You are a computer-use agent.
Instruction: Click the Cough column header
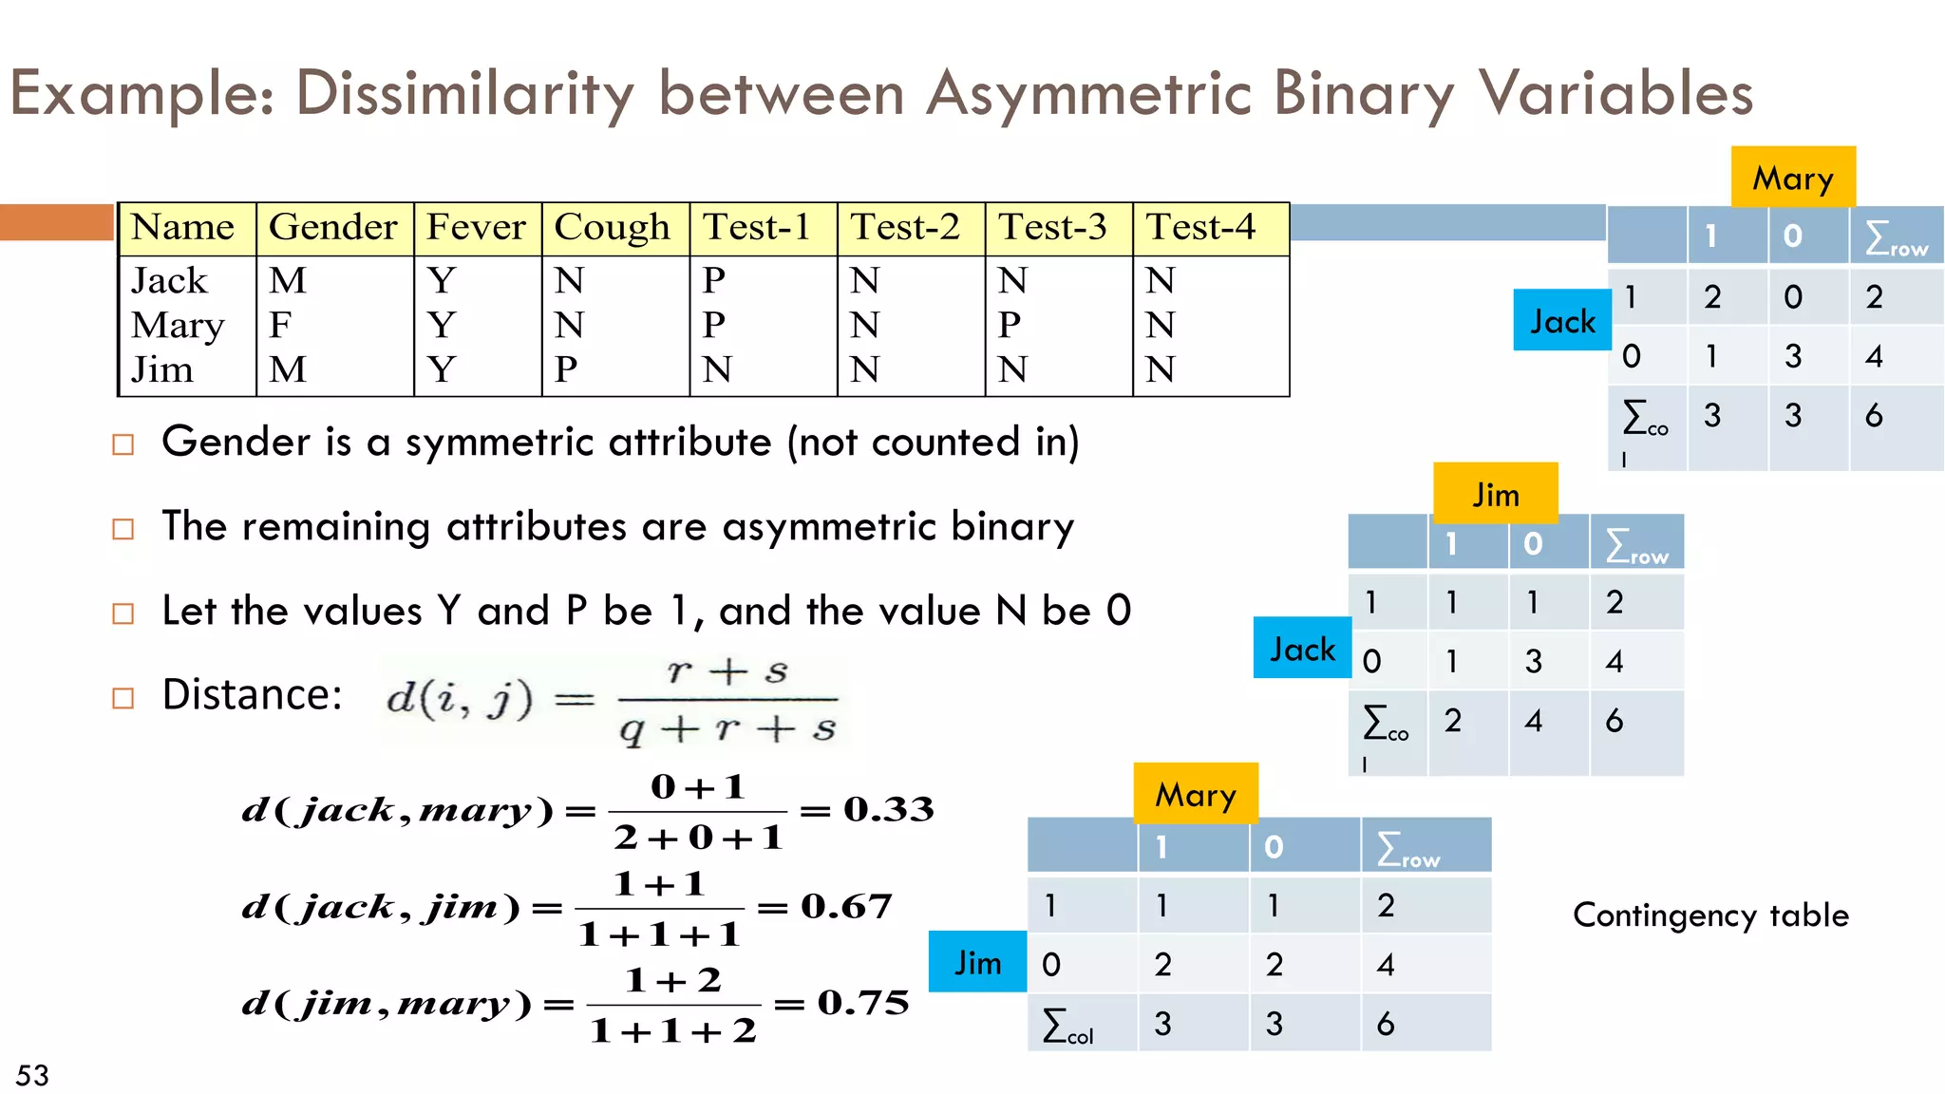(x=613, y=228)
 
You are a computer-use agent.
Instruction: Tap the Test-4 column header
(x=1201, y=228)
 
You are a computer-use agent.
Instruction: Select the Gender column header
(x=333, y=228)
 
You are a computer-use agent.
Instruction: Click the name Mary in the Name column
(x=179, y=326)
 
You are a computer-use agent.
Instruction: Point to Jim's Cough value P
(x=567, y=369)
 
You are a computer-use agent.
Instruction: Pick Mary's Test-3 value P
(x=1010, y=326)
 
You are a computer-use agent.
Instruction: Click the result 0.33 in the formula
(x=889, y=809)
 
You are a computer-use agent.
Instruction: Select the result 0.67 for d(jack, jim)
(x=846, y=906)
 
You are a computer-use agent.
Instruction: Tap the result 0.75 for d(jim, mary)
(x=863, y=1003)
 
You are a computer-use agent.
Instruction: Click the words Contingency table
(x=1710, y=915)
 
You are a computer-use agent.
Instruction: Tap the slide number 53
(x=32, y=1075)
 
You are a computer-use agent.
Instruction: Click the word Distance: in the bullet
(x=252, y=695)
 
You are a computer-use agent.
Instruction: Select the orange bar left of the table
(x=56, y=222)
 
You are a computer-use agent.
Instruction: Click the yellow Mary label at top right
(x=1793, y=178)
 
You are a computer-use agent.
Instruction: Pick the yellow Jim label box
(x=1496, y=494)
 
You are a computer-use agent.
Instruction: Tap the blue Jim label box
(x=977, y=962)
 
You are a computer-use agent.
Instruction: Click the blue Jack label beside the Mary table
(x=1562, y=321)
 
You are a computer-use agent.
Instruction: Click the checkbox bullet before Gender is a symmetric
(x=123, y=444)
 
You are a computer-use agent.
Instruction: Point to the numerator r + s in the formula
(x=727, y=671)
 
